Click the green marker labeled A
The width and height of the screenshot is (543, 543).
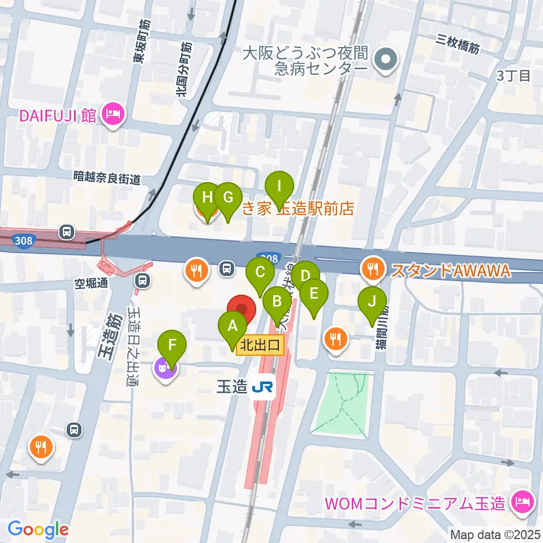click(232, 326)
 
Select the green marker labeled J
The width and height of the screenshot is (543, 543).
click(372, 301)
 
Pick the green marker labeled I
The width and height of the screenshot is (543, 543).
click(279, 186)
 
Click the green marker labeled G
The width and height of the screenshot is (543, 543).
click(228, 198)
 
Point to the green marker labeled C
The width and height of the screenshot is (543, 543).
click(260, 273)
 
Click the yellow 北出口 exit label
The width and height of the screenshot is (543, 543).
click(260, 346)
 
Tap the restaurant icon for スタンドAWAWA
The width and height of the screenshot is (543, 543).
click(373, 270)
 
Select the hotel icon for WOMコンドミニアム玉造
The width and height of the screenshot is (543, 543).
click(519, 501)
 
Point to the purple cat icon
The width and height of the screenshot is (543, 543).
click(165, 371)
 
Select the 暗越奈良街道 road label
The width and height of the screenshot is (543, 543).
click(107, 178)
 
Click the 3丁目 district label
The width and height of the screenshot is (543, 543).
click(513, 75)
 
